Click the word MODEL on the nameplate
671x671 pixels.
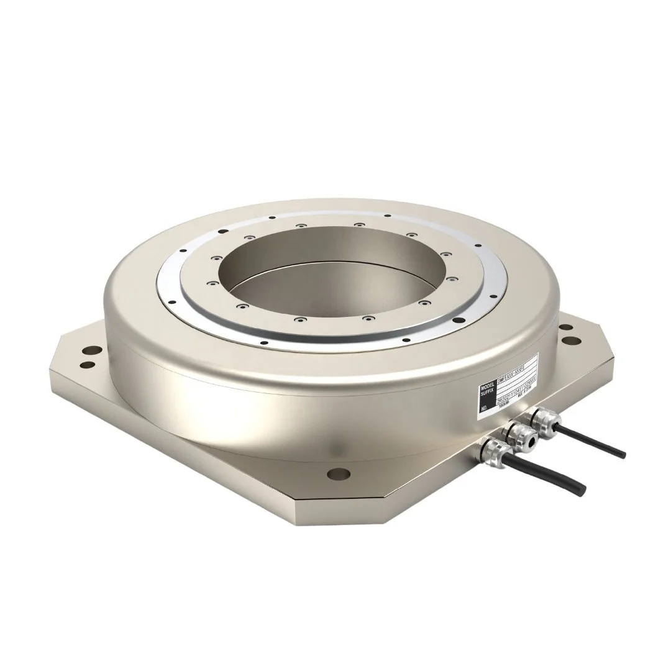(x=485, y=390)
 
